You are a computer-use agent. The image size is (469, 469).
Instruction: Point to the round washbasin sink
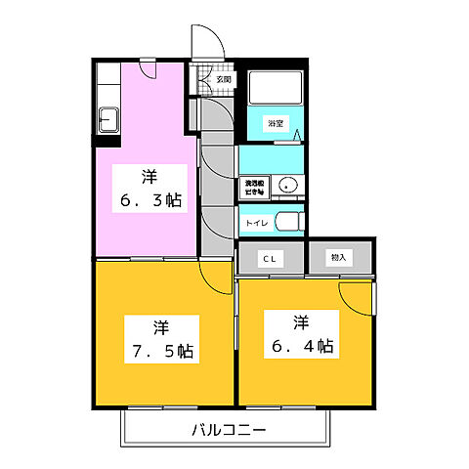click(287, 186)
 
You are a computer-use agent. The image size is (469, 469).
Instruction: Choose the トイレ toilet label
click(256, 224)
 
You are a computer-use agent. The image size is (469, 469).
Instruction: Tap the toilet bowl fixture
click(286, 223)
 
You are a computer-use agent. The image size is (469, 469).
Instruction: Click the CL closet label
click(268, 258)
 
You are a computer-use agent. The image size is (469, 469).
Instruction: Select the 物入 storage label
click(338, 258)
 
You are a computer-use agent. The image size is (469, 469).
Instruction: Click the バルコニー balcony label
click(226, 429)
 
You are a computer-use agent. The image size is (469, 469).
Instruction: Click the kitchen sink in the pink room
click(108, 124)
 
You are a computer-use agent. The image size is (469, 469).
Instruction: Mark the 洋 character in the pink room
click(149, 177)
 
